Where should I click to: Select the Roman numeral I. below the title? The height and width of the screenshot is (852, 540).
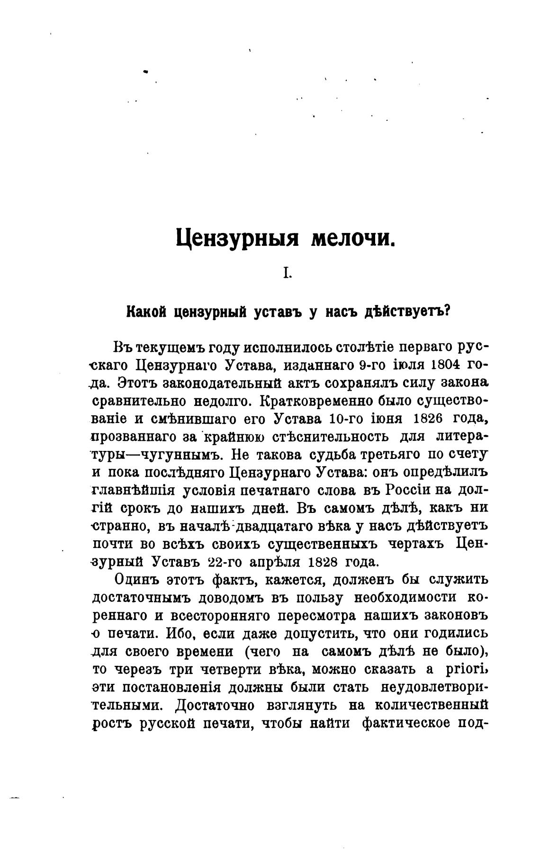coord(286,273)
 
